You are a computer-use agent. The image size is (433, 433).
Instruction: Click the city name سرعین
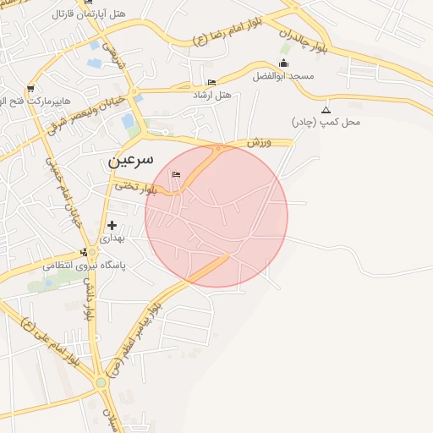(131, 159)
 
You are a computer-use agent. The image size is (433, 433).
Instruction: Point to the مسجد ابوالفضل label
(283, 76)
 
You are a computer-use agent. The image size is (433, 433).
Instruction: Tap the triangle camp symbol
(326, 110)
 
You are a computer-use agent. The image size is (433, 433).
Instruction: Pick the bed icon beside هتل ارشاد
(211, 82)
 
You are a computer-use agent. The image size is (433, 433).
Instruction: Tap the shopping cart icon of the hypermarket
(30, 89)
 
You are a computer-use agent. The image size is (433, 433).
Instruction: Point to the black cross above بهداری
(112, 226)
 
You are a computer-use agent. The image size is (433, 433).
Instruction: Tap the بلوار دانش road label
(87, 299)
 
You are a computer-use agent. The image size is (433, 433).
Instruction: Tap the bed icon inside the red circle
(176, 175)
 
